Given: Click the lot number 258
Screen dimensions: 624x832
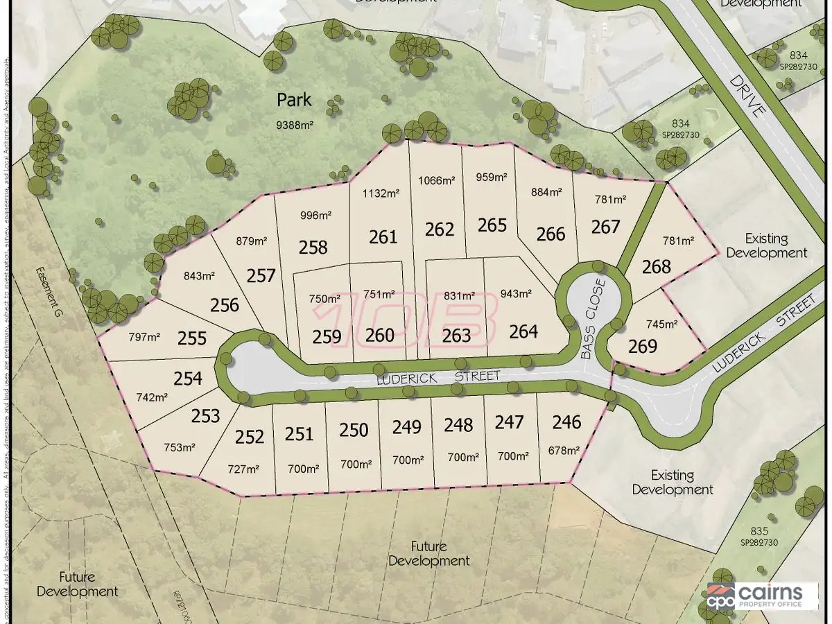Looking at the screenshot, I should point(313,246).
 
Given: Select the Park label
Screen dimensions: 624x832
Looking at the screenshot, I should point(294,100).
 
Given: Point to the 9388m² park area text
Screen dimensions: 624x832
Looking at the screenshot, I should point(294,125).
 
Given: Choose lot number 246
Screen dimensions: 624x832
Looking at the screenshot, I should point(566,421).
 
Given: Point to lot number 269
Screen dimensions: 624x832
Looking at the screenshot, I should point(642,345).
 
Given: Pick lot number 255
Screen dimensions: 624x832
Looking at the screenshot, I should point(191,338).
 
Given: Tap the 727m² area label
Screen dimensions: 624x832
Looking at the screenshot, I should point(243,469).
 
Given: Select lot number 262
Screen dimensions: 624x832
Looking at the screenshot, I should point(439,229).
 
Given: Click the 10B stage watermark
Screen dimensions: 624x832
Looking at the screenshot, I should point(416,320).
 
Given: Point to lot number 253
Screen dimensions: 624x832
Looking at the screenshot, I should point(205,415).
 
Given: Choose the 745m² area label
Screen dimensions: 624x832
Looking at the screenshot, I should point(661,324).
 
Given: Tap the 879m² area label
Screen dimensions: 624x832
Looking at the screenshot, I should point(251,241).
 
